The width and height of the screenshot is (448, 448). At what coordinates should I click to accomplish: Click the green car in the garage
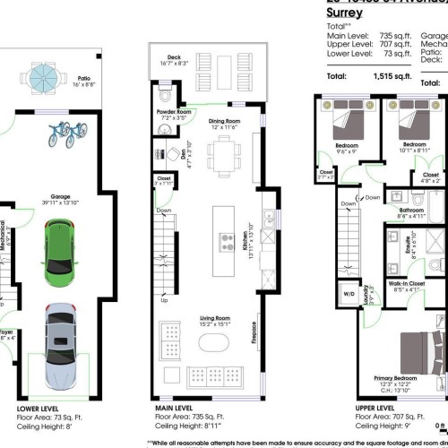tap(58, 250)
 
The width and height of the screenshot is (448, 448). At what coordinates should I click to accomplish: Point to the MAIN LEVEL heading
tap(177, 408)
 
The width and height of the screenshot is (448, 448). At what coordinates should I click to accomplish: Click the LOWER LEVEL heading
tap(39, 408)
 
